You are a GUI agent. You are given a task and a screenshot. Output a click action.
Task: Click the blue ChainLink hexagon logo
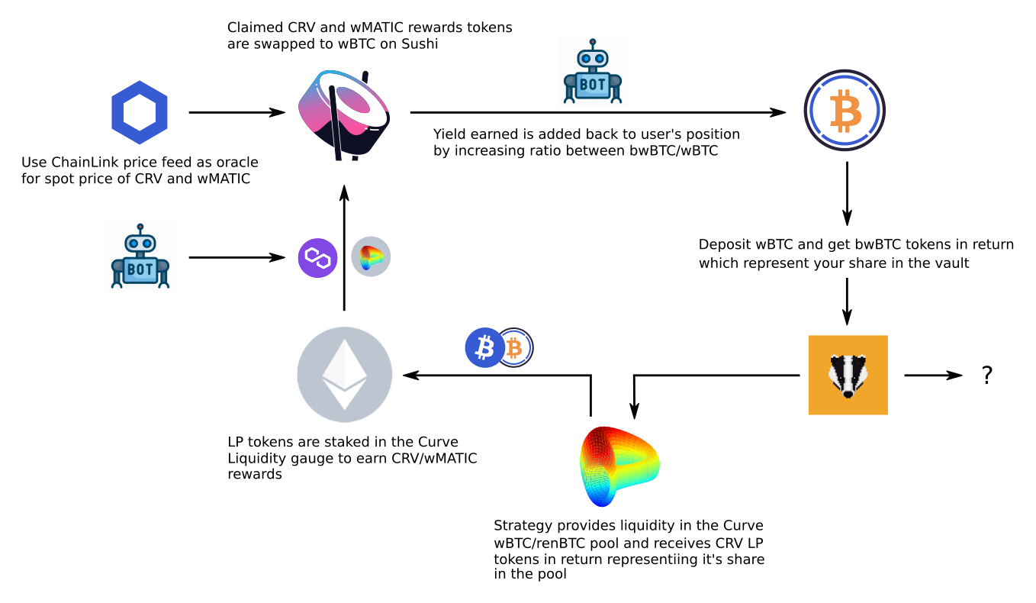point(140,113)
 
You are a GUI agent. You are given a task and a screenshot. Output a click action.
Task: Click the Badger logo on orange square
point(848,375)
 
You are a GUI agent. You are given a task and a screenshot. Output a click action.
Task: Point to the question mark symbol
point(986,375)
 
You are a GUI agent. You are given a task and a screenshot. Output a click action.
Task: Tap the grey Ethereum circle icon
point(344,375)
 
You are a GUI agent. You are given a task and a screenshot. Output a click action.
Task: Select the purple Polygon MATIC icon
point(317,257)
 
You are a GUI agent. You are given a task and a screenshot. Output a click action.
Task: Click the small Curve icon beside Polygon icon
point(371,256)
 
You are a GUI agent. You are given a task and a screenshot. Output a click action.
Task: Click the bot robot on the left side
point(140,256)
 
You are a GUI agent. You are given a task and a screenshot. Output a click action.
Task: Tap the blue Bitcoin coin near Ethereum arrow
point(484,348)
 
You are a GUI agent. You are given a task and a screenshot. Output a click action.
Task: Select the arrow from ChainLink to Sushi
point(236,113)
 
